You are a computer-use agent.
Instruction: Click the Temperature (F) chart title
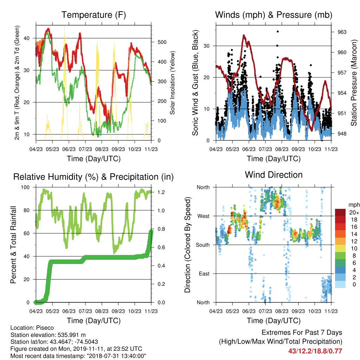pos(94,15)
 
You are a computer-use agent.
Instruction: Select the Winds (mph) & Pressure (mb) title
pos(274,15)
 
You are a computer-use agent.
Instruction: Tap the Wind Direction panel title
pos(274,175)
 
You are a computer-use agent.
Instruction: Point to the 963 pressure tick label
pos(342,32)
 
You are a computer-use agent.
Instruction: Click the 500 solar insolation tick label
pos(162,42)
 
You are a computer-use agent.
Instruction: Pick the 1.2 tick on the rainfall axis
pos(161,192)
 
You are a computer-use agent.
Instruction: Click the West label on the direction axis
pos(204,216)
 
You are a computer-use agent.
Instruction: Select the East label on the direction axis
pos(204,274)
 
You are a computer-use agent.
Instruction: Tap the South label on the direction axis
pos(203,245)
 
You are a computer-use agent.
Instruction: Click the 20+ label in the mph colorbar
pos(354,212)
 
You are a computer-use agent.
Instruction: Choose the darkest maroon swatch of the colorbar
pos(340,212)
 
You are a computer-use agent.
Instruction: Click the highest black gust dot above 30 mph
pos(278,31)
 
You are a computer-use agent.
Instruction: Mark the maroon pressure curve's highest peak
pos(244,36)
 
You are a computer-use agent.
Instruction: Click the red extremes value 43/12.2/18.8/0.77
pos(315,351)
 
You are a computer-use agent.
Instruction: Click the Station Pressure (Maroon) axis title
pos(354,83)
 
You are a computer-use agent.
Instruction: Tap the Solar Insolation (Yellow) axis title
pos(172,83)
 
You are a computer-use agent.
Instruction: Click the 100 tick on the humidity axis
pos(25,187)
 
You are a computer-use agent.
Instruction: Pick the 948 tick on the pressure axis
pos(342,134)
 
